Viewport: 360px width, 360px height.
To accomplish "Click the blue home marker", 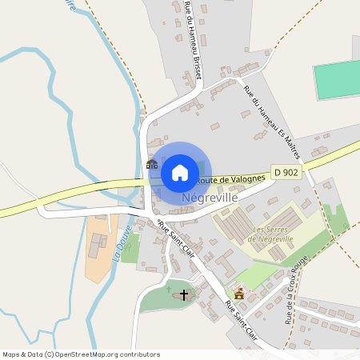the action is [x=180, y=172].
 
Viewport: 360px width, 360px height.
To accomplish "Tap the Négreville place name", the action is [x=209, y=196].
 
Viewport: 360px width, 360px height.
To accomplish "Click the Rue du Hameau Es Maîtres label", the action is [x=269, y=111].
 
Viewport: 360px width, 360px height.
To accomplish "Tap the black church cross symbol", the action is [x=184, y=295].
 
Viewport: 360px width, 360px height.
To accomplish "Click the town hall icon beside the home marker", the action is [x=151, y=164].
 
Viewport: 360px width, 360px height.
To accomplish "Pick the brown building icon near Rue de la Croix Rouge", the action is [x=238, y=293].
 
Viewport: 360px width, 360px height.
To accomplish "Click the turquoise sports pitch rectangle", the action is [x=336, y=80].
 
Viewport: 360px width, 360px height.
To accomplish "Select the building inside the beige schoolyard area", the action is [x=97, y=246].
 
